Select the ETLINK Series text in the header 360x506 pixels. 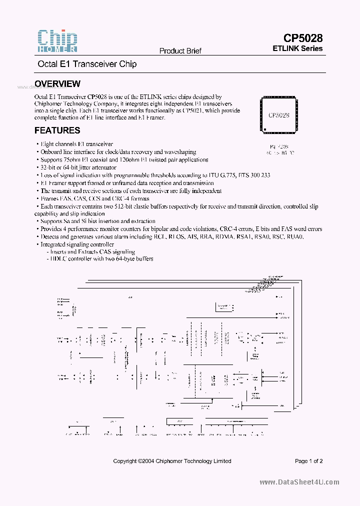297,48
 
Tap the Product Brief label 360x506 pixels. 180,51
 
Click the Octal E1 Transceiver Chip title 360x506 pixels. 87,64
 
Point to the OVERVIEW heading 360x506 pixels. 57,84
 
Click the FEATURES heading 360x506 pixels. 57,130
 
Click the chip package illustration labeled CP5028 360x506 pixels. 278,114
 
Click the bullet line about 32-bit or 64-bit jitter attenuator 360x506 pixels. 78,167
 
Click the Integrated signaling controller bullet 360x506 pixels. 77,244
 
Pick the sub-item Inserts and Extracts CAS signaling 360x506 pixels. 92,251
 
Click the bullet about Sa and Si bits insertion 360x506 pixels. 97,221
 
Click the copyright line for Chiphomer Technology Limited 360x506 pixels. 172,461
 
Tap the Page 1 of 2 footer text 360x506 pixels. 308,461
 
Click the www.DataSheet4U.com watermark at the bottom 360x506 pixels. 299,482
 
